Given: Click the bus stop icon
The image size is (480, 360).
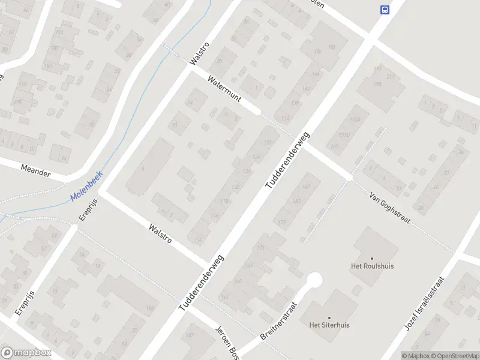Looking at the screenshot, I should (x=384, y=9).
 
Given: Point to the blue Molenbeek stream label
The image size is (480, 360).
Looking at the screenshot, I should (x=86, y=187).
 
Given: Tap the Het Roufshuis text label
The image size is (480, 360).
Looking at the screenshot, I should (x=372, y=266).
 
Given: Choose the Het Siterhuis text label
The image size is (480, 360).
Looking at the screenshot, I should (x=329, y=325).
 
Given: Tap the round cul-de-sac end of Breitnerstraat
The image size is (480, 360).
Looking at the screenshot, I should (x=314, y=280).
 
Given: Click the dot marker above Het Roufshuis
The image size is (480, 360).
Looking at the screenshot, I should (x=372, y=258).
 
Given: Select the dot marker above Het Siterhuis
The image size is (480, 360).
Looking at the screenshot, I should (x=329, y=317).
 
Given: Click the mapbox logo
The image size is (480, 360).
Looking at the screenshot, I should (x=26, y=353).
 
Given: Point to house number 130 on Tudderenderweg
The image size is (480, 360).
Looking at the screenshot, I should (x=268, y=143).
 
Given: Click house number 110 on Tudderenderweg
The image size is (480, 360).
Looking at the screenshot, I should (x=199, y=239).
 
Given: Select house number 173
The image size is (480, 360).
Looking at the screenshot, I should (x=260, y=248).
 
